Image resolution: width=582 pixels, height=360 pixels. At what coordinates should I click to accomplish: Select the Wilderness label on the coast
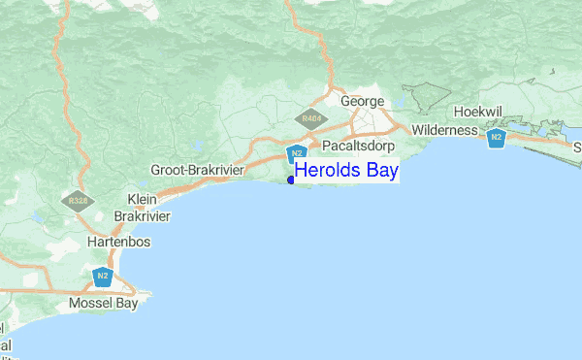(x=445, y=130)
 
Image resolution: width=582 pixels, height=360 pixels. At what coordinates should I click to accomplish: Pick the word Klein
(x=142, y=199)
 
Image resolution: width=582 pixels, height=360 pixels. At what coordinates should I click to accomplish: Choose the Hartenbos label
(x=119, y=242)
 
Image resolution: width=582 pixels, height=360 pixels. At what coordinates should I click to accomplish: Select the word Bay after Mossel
(x=125, y=304)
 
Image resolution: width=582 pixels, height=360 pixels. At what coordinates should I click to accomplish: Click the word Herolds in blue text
(x=327, y=170)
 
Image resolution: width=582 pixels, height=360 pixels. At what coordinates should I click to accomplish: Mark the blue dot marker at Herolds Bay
(x=291, y=180)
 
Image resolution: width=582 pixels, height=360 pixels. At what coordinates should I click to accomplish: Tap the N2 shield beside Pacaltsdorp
(x=297, y=153)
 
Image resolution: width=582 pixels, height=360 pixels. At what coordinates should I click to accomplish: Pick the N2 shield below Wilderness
(x=497, y=137)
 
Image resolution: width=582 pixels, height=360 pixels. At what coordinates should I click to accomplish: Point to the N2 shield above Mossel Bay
(x=103, y=277)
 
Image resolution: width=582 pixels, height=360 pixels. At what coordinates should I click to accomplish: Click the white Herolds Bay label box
(x=346, y=170)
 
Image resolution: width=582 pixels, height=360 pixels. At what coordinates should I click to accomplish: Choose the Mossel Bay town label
(x=104, y=304)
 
